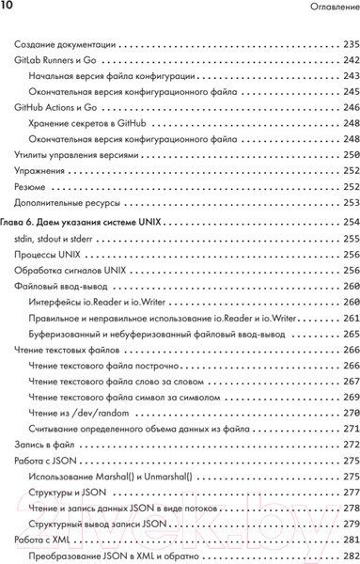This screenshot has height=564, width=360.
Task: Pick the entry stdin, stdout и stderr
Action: pyautogui.click(x=56, y=240)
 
